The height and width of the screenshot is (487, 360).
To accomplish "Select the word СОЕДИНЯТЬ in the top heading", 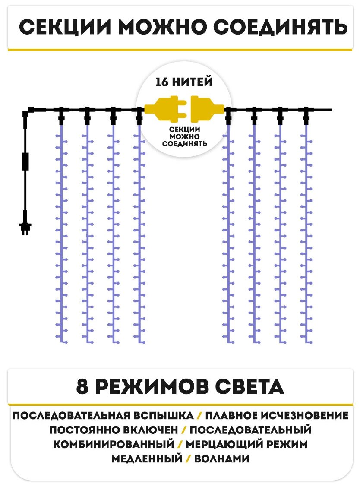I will click(280, 28).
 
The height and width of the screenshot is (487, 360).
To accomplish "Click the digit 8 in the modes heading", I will click(82, 386).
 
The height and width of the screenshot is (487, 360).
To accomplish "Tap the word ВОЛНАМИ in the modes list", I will click(221, 458).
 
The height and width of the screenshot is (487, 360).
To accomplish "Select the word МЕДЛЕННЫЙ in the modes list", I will click(147, 458).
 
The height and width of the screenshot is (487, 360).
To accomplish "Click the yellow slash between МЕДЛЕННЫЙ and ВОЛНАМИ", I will click(188, 458).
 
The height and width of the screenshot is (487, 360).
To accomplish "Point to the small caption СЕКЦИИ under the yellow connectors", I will click(184, 129).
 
